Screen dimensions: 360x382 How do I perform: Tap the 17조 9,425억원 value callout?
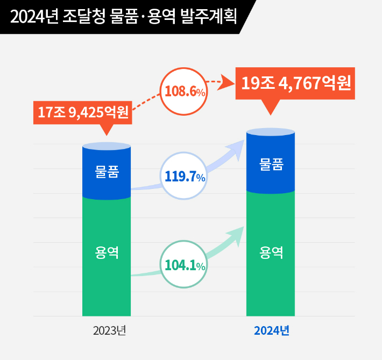(83, 112)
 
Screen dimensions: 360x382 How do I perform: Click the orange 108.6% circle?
(185, 91)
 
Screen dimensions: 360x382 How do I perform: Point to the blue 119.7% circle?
(185, 176)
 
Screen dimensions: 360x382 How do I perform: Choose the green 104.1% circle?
(185, 264)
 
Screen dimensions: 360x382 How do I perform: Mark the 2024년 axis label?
(272, 330)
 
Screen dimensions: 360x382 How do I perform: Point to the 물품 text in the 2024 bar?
(271, 165)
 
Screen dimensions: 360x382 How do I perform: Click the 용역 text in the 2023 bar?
(107, 251)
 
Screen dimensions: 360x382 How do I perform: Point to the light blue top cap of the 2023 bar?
(107, 146)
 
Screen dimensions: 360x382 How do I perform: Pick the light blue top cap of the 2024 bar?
(271, 131)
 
